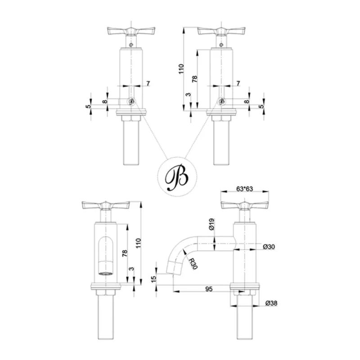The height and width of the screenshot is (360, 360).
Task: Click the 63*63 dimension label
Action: pyautogui.click(x=244, y=189)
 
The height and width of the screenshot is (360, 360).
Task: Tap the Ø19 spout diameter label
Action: pyautogui.click(x=211, y=224)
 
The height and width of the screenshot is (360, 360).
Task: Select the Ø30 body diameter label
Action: pyautogui.click(x=269, y=247)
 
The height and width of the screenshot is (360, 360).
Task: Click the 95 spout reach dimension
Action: pyautogui.click(x=209, y=289)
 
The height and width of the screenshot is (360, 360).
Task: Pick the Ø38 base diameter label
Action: pyautogui.click(x=271, y=303)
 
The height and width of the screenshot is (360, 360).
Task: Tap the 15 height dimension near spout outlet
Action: pyautogui.click(x=154, y=279)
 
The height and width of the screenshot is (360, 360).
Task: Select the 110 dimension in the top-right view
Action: pyautogui.click(x=181, y=69)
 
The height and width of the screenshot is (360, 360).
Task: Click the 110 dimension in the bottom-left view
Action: pyautogui.click(x=138, y=243)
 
